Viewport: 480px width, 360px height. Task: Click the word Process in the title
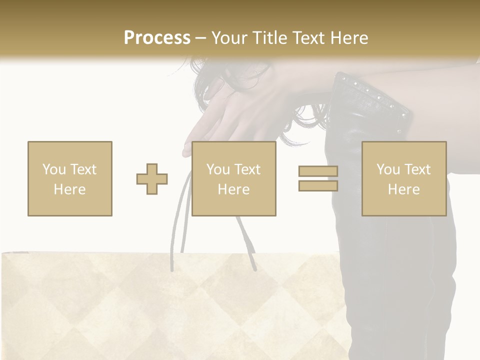(x=157, y=37)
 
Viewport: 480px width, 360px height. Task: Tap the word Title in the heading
(x=270, y=38)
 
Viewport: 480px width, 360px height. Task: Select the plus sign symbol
(x=152, y=179)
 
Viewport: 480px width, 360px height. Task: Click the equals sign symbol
(x=318, y=178)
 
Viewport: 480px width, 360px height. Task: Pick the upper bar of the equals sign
(x=318, y=171)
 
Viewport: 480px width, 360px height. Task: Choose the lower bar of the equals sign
(x=318, y=185)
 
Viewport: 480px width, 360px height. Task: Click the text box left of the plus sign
(x=70, y=178)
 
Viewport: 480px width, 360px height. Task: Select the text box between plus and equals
(x=234, y=178)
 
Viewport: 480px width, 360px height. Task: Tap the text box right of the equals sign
(x=404, y=178)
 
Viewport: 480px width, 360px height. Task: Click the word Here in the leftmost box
(x=70, y=189)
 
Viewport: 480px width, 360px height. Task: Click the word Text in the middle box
(x=247, y=169)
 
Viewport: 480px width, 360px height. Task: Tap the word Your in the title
(x=231, y=38)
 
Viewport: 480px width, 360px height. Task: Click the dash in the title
(x=201, y=38)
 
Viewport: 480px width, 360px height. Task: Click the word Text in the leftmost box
(x=83, y=169)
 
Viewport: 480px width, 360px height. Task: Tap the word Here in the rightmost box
(x=404, y=189)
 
